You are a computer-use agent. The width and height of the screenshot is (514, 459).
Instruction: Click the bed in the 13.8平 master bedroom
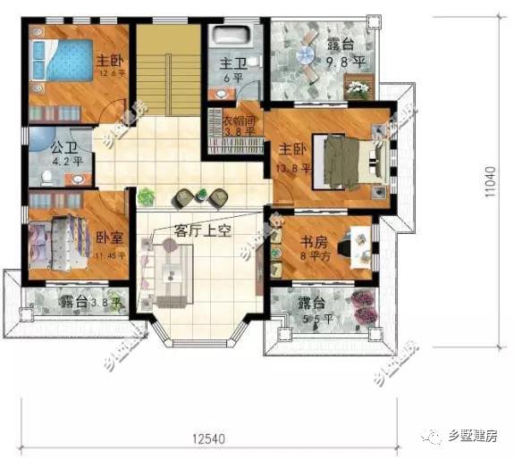344,162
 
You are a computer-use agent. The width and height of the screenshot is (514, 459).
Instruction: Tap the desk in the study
360,245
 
